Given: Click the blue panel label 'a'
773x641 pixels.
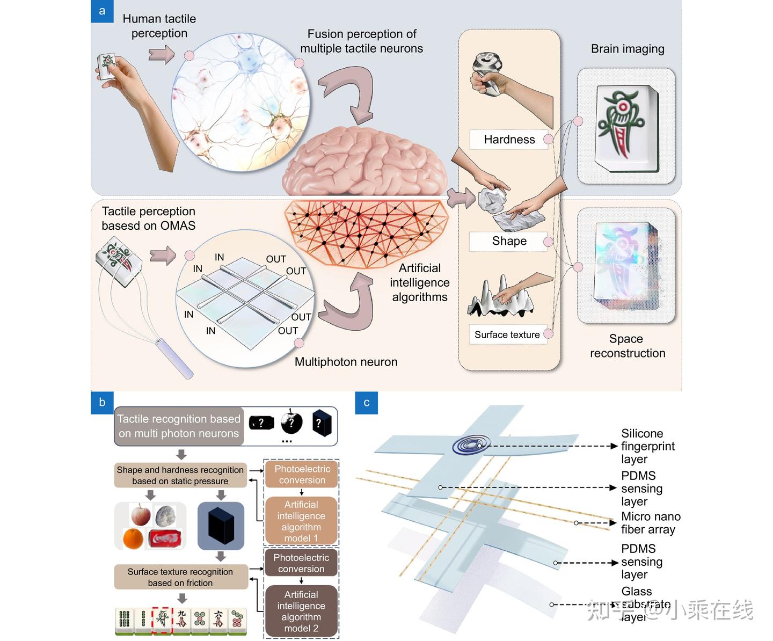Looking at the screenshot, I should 102,11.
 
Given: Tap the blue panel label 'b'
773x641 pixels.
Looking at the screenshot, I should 102,403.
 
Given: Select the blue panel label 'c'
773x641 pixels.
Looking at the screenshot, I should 367,403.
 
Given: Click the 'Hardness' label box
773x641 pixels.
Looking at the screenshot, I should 509,140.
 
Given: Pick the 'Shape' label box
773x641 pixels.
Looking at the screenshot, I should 509,241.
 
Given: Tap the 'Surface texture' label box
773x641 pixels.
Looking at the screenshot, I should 507,334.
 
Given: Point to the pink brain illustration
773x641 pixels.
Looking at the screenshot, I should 365,161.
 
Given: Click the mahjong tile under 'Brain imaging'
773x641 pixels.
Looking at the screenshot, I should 626,127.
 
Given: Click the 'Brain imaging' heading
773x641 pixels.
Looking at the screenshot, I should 628,49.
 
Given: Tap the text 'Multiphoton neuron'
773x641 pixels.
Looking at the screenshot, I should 346,362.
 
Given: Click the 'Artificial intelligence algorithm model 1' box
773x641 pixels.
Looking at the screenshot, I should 301,521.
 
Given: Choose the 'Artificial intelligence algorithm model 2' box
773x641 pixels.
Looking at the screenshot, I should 301,611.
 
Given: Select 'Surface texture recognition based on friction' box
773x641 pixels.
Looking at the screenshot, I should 180,577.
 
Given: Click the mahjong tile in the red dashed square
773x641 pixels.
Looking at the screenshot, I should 162,620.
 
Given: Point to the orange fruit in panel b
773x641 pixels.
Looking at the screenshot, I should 133,538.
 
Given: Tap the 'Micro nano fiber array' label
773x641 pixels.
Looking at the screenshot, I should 651,523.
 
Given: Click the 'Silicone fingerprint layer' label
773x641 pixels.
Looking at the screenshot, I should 647,446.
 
